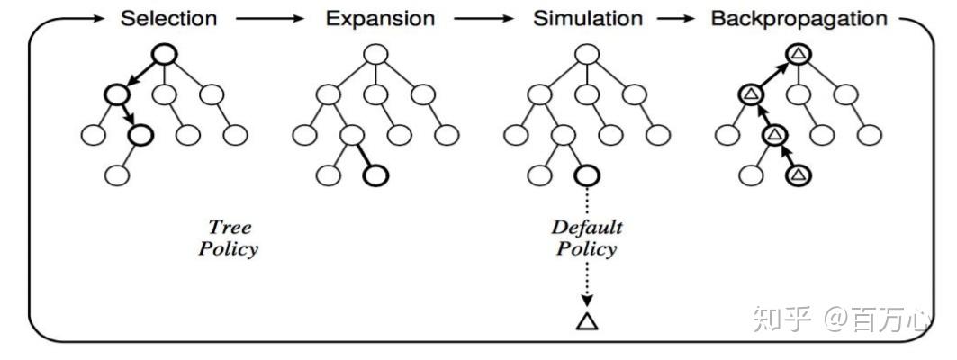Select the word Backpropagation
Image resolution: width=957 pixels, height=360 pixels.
(x=799, y=18)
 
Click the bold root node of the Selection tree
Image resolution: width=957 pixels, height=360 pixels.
(x=163, y=54)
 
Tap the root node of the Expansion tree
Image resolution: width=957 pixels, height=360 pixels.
(x=375, y=54)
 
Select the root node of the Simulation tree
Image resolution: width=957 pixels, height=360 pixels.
(x=586, y=54)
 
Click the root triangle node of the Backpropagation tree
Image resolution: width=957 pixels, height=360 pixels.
(x=798, y=54)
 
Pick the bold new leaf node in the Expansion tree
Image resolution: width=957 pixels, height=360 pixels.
(x=375, y=175)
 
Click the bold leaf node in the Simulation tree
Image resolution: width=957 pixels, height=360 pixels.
(x=586, y=175)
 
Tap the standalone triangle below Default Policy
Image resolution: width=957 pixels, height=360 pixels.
(x=586, y=319)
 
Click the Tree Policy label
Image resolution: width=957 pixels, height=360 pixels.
(x=228, y=238)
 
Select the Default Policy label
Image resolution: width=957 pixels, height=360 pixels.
(x=586, y=238)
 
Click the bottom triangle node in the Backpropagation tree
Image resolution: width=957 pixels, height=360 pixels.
(x=798, y=175)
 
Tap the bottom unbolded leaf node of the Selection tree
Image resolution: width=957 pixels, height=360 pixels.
(x=117, y=175)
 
